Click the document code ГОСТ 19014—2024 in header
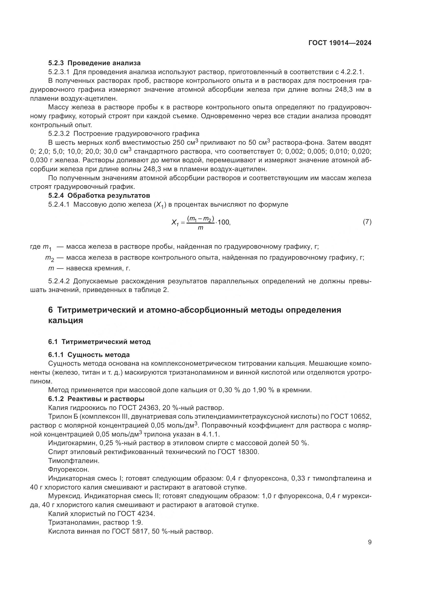click(340, 43)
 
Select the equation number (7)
click(367, 222)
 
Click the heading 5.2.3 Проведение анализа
click(94, 63)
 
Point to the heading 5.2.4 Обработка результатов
click(99, 195)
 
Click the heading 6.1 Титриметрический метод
click(99, 342)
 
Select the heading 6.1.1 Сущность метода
click(89, 355)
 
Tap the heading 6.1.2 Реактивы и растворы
click(96, 399)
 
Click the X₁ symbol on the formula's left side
click(175, 223)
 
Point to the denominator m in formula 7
click(200, 228)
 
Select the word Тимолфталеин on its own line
click(74, 461)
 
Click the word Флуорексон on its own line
click(69, 470)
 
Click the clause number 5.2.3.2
click(59, 134)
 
